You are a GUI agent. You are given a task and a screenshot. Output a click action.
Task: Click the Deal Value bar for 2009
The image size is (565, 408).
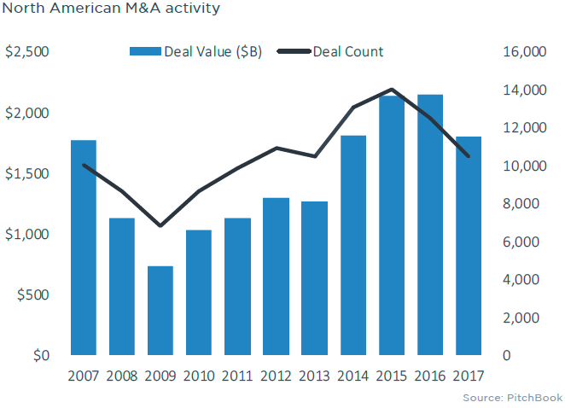[160, 311]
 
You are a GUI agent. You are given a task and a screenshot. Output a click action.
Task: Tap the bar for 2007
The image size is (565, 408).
[84, 248]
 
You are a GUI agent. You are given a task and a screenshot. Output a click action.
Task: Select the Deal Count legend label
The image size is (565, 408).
[348, 52]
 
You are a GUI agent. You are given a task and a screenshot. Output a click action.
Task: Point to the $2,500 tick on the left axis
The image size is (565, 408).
[27, 52]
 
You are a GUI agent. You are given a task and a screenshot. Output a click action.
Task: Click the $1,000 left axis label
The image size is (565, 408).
[27, 234]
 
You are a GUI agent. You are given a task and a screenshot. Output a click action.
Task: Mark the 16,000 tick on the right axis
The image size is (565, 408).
[521, 52]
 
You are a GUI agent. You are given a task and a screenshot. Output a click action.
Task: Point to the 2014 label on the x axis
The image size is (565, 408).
[352, 376]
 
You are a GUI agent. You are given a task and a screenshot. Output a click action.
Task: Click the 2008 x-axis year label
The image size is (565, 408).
[122, 376]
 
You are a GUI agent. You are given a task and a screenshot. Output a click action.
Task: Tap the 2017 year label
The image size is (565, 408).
[469, 376]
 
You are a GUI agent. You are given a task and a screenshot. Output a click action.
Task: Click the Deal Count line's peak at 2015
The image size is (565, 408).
[392, 90]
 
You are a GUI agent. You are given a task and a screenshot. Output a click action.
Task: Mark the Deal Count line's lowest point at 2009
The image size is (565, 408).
[160, 226]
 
